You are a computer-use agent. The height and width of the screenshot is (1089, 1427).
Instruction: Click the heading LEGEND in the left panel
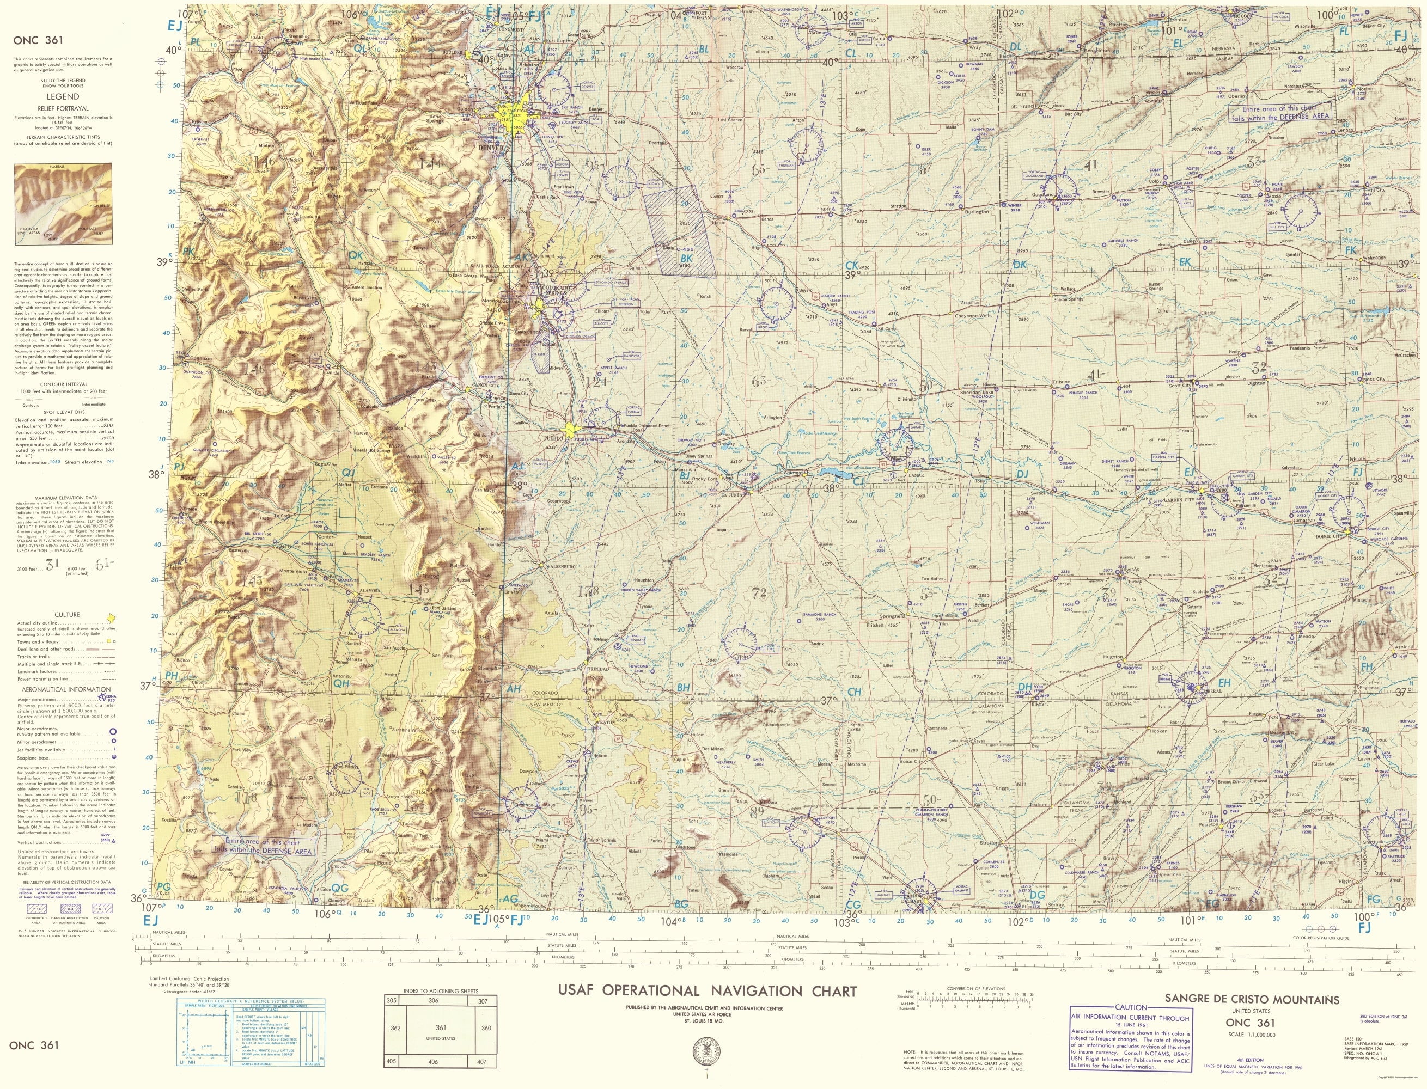click(62, 96)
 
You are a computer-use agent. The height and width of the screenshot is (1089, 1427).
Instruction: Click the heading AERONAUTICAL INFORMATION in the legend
click(62, 689)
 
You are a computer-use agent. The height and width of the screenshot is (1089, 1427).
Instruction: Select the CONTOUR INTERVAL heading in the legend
click(62, 384)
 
